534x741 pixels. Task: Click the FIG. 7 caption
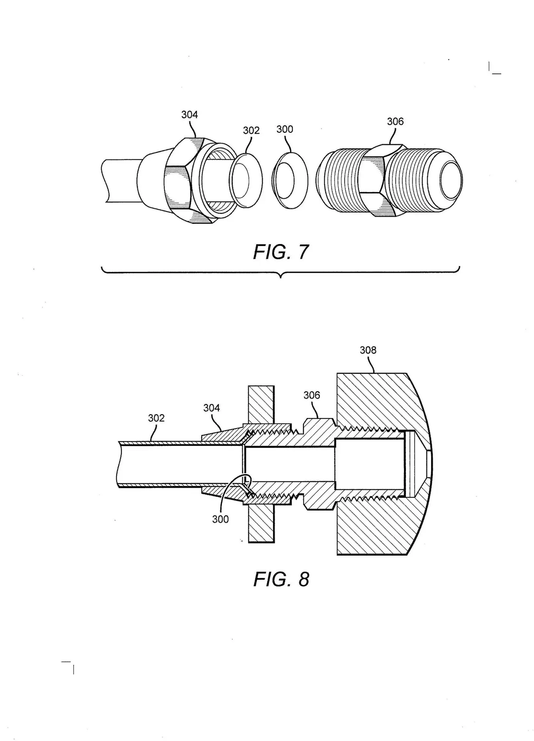(x=281, y=252)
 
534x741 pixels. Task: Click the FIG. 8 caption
(x=281, y=579)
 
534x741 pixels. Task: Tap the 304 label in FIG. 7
(x=190, y=115)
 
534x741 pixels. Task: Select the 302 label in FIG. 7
(x=251, y=130)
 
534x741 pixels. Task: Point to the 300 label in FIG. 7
(x=285, y=129)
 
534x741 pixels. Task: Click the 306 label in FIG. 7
(x=395, y=122)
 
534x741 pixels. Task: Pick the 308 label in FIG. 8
(x=368, y=350)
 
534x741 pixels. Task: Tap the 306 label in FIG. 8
(x=312, y=395)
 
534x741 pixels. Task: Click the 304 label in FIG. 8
(x=212, y=408)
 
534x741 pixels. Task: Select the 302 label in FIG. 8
(x=156, y=418)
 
